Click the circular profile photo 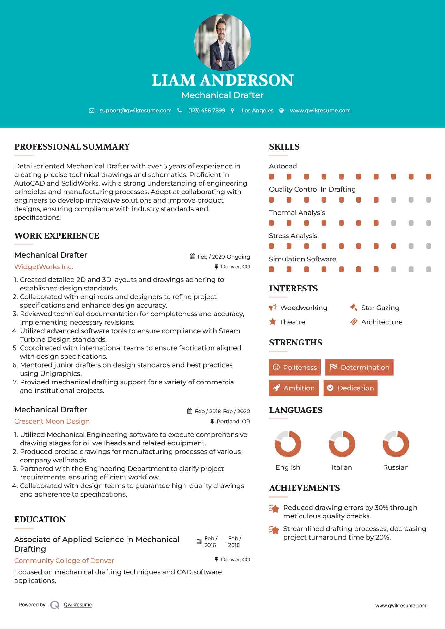pos(222,42)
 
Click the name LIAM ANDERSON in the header pos(222,80)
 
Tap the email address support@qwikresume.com pos(135,110)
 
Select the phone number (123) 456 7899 pos(207,110)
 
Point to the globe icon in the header pos(281,110)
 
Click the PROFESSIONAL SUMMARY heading pos(72,147)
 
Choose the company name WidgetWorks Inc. pos(44,267)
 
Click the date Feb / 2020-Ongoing pos(224,257)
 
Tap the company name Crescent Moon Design pos(52,421)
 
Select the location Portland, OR pos(233,421)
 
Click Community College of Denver pos(64,561)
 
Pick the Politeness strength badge pos(295,367)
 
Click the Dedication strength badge pos(350,388)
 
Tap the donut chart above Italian pos(342,444)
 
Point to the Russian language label pos(396,467)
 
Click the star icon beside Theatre pos(273,322)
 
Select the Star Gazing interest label pos(380,308)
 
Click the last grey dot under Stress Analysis pos(429,246)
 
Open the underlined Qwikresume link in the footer pos(78,605)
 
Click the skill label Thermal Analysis pos(297,213)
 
